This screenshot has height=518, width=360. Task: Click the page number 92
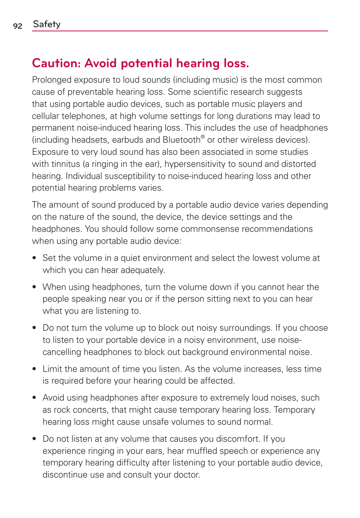(18, 26)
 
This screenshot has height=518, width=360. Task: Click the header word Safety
(46, 24)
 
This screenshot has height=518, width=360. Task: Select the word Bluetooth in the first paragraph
(181, 140)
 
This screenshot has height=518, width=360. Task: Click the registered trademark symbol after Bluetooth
(203, 137)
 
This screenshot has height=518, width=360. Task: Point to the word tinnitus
(66, 164)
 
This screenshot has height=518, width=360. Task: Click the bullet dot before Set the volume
(34, 258)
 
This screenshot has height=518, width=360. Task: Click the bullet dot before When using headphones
(34, 287)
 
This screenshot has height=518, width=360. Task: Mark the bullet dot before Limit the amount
(34, 369)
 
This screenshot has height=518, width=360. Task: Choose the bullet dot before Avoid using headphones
(34, 398)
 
